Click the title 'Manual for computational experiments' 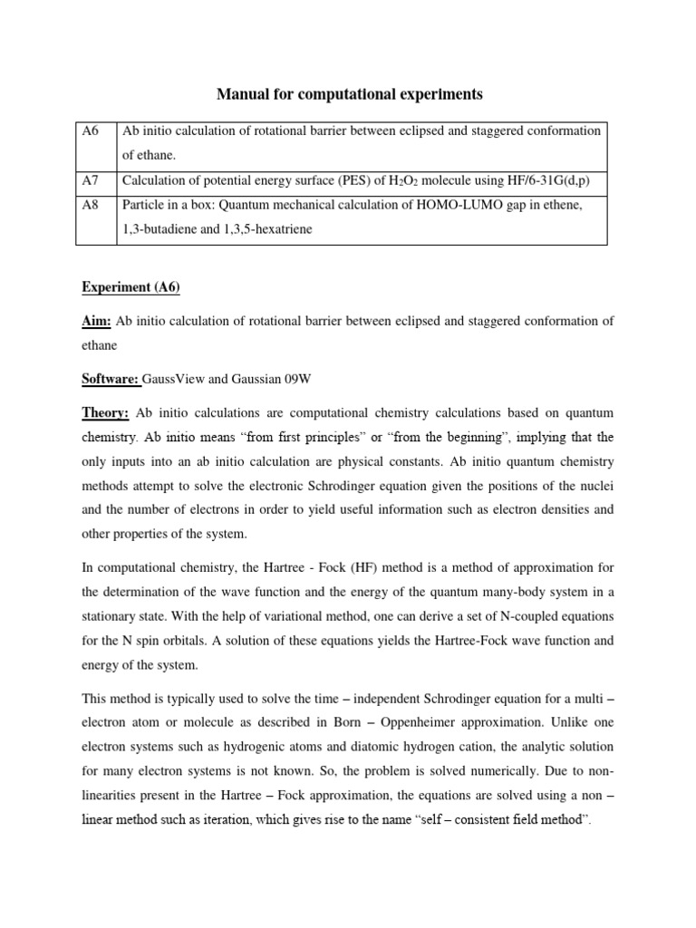348,93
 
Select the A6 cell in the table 90,131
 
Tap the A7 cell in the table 90,180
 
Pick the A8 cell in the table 90,206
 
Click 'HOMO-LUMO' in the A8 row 459,206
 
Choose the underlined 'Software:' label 110,379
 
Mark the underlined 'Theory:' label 102,413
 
